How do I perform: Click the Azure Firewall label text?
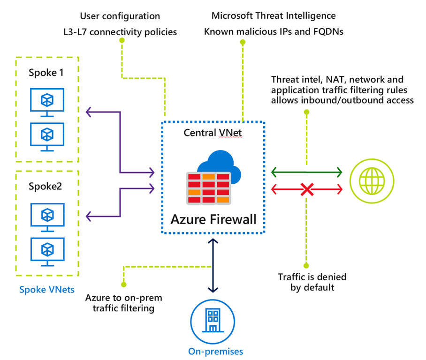tap(213, 218)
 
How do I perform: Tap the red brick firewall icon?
tap(209, 187)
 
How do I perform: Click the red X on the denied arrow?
tap(307, 189)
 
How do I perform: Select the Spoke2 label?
tap(46, 186)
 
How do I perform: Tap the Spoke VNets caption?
tap(46, 289)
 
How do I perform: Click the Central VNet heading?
tap(213, 133)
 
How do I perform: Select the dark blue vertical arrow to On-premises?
tap(213, 265)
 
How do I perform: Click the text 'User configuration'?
tap(120, 16)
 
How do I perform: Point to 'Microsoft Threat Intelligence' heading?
tap(274, 15)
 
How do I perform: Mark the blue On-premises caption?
tap(216, 351)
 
